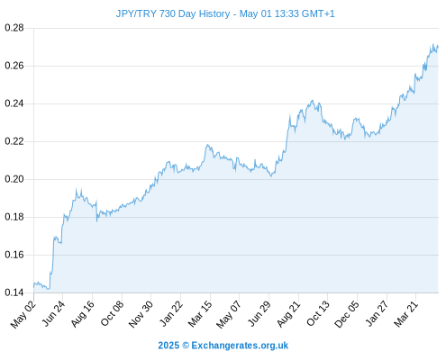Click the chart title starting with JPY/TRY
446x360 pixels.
point(225,13)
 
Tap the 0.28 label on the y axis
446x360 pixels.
point(14,28)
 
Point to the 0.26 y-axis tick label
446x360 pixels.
point(14,66)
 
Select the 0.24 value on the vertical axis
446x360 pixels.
point(14,103)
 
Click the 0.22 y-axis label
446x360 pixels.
point(14,141)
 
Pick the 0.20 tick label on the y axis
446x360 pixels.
point(14,179)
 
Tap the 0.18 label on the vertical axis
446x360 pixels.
point(14,217)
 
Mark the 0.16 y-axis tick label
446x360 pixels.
point(14,255)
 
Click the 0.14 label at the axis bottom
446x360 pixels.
point(14,292)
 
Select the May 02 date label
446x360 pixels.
point(23,314)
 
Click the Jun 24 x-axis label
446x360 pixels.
point(53,313)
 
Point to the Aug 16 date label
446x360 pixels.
point(83,314)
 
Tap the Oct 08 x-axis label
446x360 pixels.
point(112,313)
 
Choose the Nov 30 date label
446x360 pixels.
point(141,314)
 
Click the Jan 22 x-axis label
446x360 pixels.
point(171,313)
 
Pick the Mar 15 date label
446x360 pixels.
point(200,314)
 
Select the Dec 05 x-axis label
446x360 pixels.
point(347,314)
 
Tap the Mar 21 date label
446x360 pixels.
point(406,314)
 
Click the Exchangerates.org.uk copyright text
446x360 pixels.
point(223,346)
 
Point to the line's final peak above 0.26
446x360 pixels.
point(433,44)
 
